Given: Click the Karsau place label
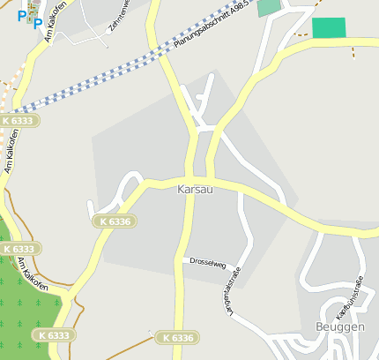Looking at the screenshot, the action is click(195, 190).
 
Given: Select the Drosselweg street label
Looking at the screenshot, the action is click(208, 262).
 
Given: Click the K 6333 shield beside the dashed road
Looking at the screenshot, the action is click(19, 120).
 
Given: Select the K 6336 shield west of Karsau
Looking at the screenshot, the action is click(115, 221).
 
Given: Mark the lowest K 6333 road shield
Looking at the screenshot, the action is click(53, 335).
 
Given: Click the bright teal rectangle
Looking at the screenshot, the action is click(329, 27).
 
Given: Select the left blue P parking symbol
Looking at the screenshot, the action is click(22, 15).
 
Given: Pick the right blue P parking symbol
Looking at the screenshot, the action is click(37, 23).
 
